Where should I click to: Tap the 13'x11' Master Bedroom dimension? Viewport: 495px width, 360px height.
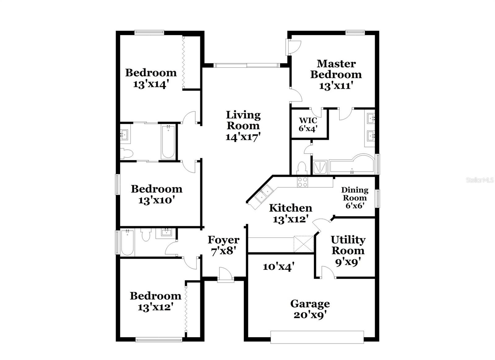coord(336,86)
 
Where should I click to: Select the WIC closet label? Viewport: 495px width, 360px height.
coord(308,120)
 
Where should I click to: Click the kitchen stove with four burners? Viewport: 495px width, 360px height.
coord(302,182)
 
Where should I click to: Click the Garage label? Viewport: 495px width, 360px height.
coord(310,304)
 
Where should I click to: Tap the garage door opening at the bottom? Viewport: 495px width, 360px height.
coord(317,337)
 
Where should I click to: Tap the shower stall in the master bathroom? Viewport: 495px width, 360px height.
coord(320,167)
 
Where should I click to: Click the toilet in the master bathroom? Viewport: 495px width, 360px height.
coord(301,168)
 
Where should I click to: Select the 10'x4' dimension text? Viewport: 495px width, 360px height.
coord(278,266)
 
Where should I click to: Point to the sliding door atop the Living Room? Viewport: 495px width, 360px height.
coord(247,65)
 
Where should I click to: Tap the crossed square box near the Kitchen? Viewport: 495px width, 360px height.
coord(303,244)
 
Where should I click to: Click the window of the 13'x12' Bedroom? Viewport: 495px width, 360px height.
coord(159,340)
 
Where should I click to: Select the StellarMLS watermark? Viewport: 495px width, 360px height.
coord(480,180)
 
